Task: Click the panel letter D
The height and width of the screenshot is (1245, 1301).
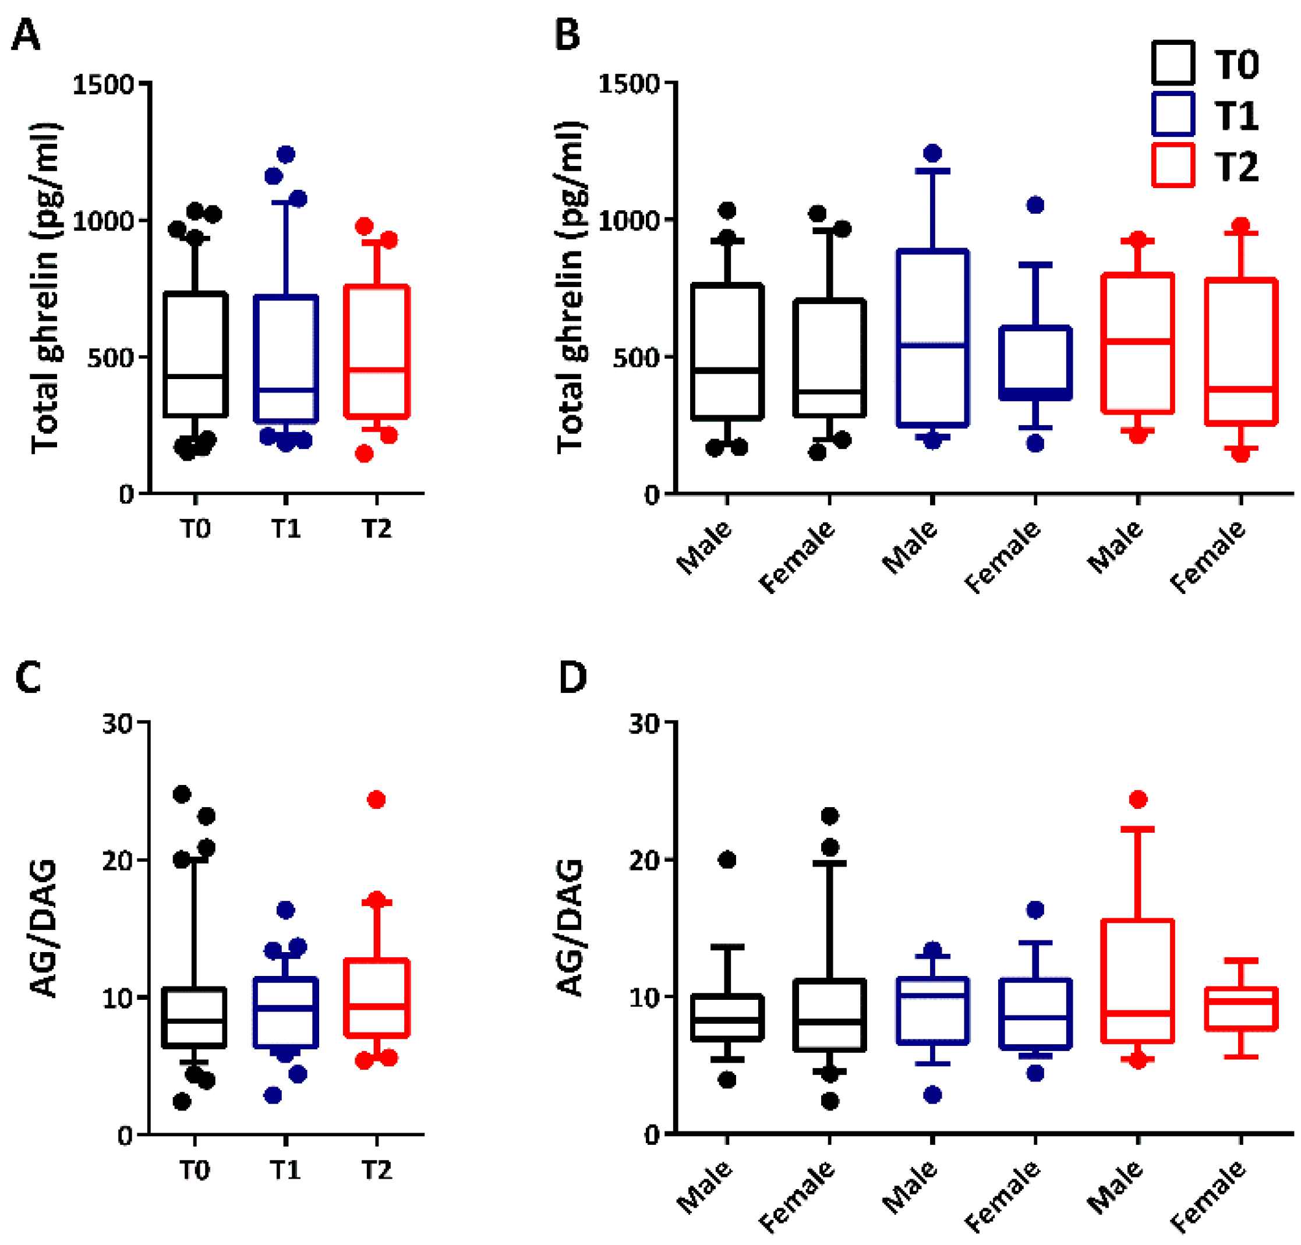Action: click(573, 678)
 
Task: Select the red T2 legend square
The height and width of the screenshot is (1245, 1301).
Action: click(1173, 165)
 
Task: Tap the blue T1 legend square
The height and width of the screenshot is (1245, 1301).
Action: click(1173, 114)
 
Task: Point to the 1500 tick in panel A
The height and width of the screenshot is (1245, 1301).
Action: click(103, 84)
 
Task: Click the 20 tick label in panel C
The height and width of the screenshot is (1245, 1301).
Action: click(118, 860)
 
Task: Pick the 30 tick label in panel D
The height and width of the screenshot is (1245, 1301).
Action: click(644, 723)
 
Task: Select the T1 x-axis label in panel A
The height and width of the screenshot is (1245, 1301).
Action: click(286, 529)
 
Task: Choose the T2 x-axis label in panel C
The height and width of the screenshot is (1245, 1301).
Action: click(376, 1170)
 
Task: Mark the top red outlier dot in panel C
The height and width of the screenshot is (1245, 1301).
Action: click(376, 800)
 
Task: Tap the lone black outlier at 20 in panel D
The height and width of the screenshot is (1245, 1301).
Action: click(727, 860)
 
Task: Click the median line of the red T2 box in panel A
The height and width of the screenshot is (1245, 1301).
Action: click(376, 369)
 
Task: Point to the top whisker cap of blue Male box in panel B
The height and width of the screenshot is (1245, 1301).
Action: click(932, 171)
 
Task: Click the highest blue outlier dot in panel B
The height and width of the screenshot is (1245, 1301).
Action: click(932, 153)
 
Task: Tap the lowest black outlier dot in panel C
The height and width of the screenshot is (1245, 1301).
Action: click(182, 1102)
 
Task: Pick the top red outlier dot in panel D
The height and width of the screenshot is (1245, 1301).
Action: click(1139, 799)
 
